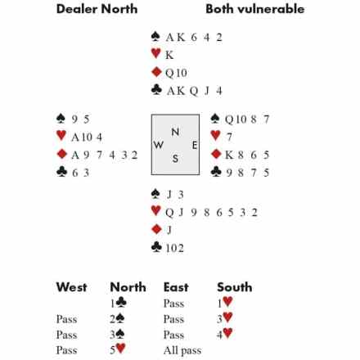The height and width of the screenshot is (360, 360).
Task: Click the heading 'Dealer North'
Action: pos(97,9)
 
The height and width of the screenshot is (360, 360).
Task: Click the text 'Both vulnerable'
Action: pos(255,9)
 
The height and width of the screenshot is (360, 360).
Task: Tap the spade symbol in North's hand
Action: pos(155,36)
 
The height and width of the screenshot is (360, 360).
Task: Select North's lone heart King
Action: pos(169,55)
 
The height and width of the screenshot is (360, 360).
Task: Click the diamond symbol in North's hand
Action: pos(156,72)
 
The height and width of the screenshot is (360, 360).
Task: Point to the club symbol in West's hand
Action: pos(61,172)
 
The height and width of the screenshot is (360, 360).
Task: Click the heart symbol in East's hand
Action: pos(215,136)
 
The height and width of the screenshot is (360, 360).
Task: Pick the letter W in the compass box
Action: pos(159,145)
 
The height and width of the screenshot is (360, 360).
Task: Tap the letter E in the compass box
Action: pos(195,145)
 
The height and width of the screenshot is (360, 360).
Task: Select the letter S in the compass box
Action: pos(175,159)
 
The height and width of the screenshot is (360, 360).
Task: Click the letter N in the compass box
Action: pos(175,132)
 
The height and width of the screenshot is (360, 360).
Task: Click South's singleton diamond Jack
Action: pos(169,230)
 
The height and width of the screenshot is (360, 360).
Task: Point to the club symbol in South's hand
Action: pos(156,247)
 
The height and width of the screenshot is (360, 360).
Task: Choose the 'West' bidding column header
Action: pos(71,287)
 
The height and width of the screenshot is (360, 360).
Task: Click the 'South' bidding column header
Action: pos(235,287)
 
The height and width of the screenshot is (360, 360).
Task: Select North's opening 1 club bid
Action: pos(118,303)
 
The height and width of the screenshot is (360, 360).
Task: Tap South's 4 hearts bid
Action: pos(225,334)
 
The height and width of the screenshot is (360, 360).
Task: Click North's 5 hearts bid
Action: pos(118,349)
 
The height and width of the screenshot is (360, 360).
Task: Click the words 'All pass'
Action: pos(182,350)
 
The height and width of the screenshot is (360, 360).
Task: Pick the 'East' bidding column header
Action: pos(176,287)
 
